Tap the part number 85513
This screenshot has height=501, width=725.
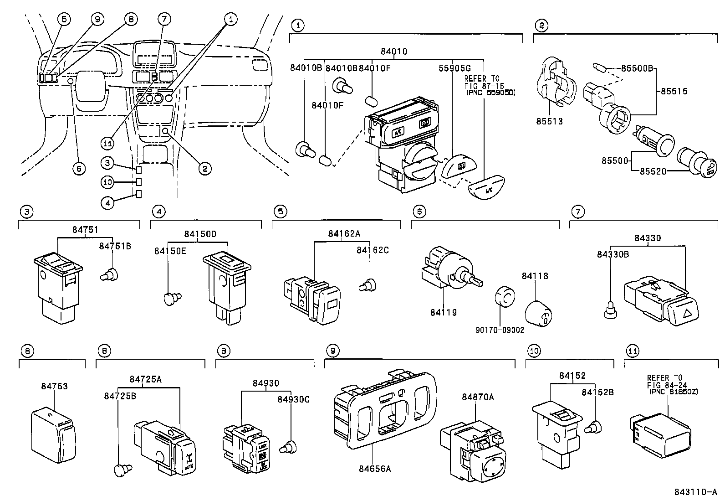click(549, 122)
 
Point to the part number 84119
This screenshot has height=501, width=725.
click(443, 313)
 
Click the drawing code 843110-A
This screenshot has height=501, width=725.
click(695, 492)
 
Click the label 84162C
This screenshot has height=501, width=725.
click(373, 250)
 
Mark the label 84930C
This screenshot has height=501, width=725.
click(293, 399)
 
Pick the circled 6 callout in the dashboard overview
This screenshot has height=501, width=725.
click(79, 169)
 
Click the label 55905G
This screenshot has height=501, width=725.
click(454, 68)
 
